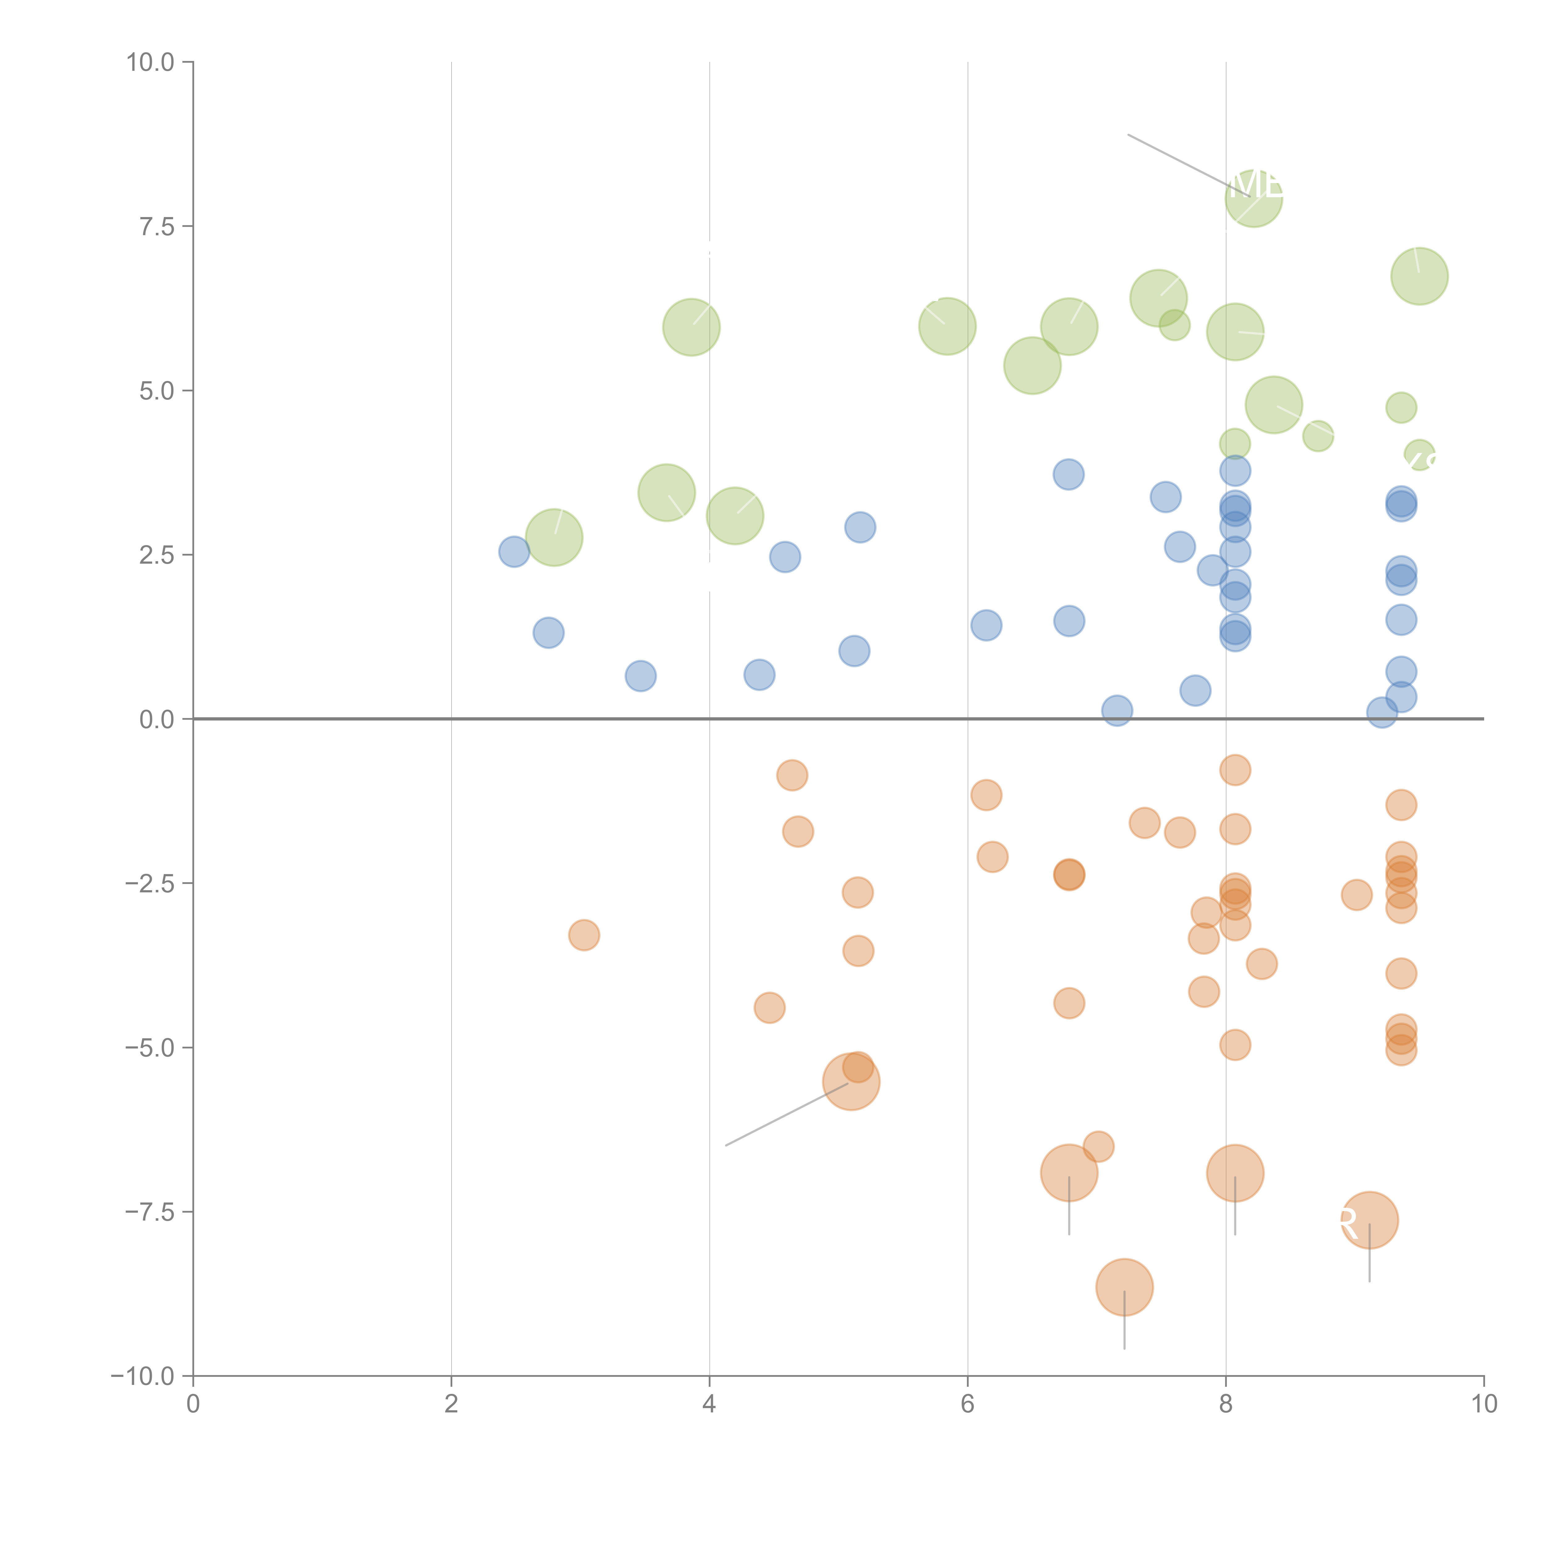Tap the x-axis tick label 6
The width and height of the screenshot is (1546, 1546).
coord(967,1404)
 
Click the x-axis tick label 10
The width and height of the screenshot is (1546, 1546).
coord(1484,1404)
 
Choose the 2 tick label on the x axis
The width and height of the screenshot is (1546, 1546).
coord(451,1404)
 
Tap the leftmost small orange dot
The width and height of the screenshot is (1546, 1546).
coord(584,935)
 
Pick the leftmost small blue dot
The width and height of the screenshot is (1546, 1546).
coord(514,551)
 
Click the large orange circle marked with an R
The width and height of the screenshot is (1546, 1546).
coord(1369,1220)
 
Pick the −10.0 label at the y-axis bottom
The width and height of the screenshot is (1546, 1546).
coord(143,1376)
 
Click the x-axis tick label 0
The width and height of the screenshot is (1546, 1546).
coord(193,1404)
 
